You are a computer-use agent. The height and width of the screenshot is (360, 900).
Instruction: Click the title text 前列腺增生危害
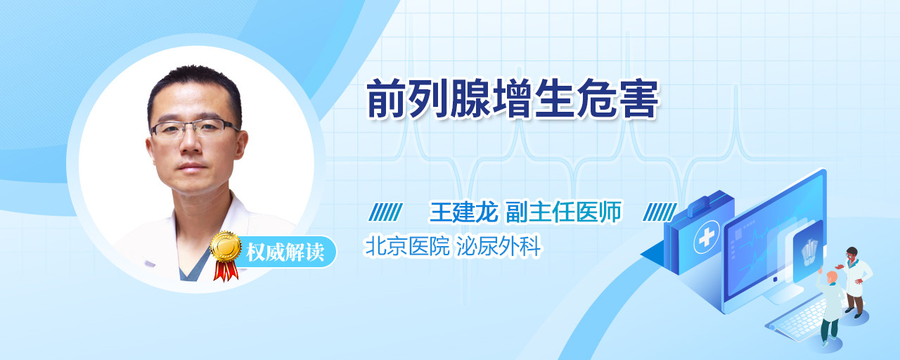pos(513,99)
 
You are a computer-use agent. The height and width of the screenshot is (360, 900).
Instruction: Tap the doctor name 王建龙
pos(464,212)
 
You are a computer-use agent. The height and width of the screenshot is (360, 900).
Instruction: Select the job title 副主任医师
pos(564,212)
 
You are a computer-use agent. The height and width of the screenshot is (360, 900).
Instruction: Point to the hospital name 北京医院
pos(407,246)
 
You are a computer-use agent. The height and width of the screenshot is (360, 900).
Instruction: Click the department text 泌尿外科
pos(499,246)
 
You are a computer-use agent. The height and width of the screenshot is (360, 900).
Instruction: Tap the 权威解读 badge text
pos(285,252)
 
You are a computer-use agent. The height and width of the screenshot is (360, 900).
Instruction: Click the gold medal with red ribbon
pos(226,255)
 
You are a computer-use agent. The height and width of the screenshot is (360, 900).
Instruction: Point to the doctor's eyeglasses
pos(194,129)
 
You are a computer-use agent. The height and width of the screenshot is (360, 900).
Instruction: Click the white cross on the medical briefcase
pos(707,237)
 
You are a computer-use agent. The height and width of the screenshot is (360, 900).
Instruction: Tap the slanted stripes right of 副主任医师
pos(660,212)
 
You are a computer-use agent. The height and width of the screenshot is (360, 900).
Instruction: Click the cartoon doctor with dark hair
pos(854,281)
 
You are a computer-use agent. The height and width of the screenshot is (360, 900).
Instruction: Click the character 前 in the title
pos(387,99)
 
